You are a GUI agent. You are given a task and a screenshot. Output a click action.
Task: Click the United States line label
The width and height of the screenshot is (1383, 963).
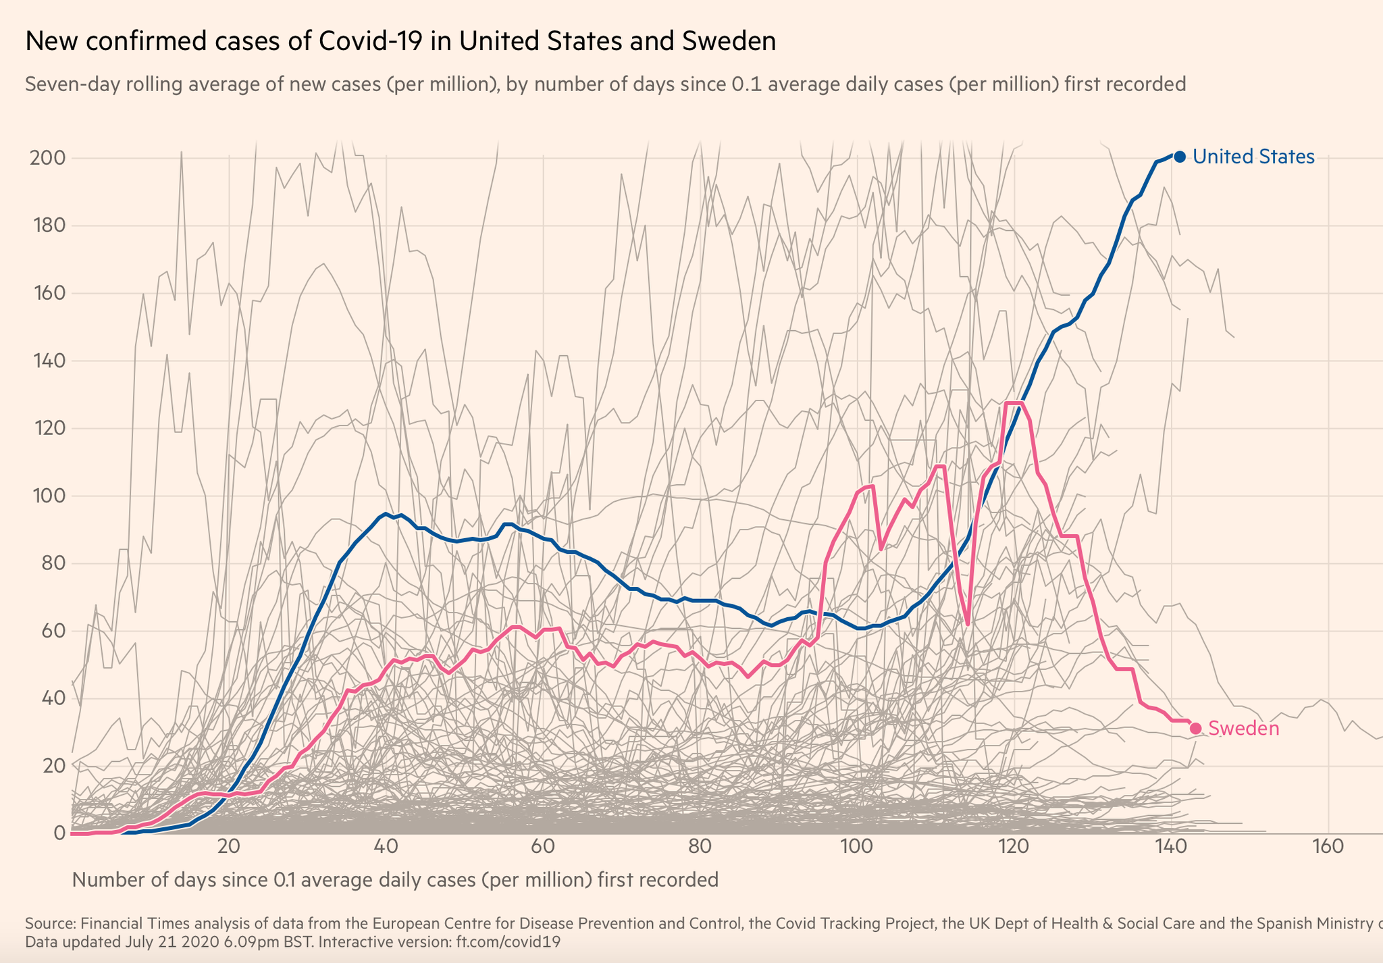coord(1253,157)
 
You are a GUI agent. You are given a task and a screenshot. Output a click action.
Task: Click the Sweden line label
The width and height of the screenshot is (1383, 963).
coord(1243,728)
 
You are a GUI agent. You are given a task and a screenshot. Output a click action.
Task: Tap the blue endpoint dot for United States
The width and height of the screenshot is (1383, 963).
coord(1180,157)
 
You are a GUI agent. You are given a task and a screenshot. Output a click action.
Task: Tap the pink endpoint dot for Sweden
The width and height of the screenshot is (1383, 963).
coord(1195,728)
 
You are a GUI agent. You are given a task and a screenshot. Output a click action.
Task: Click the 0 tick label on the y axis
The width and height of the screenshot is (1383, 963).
coord(59,833)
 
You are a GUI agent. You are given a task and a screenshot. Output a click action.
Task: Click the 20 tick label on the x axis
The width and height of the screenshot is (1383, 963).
coord(229,847)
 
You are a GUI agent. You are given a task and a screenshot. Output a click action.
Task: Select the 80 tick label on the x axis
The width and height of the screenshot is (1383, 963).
coord(700,847)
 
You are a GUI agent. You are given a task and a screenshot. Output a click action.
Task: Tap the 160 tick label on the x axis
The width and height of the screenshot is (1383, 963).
coord(1328,847)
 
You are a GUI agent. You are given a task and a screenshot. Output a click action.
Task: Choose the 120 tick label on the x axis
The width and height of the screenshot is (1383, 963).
coord(1014,847)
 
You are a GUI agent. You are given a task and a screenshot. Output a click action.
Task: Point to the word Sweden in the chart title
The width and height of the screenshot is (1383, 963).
coord(729,42)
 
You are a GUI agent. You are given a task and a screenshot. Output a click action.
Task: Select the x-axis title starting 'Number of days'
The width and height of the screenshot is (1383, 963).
coord(394,880)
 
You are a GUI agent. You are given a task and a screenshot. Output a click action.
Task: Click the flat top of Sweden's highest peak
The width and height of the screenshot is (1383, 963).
coord(1014,403)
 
